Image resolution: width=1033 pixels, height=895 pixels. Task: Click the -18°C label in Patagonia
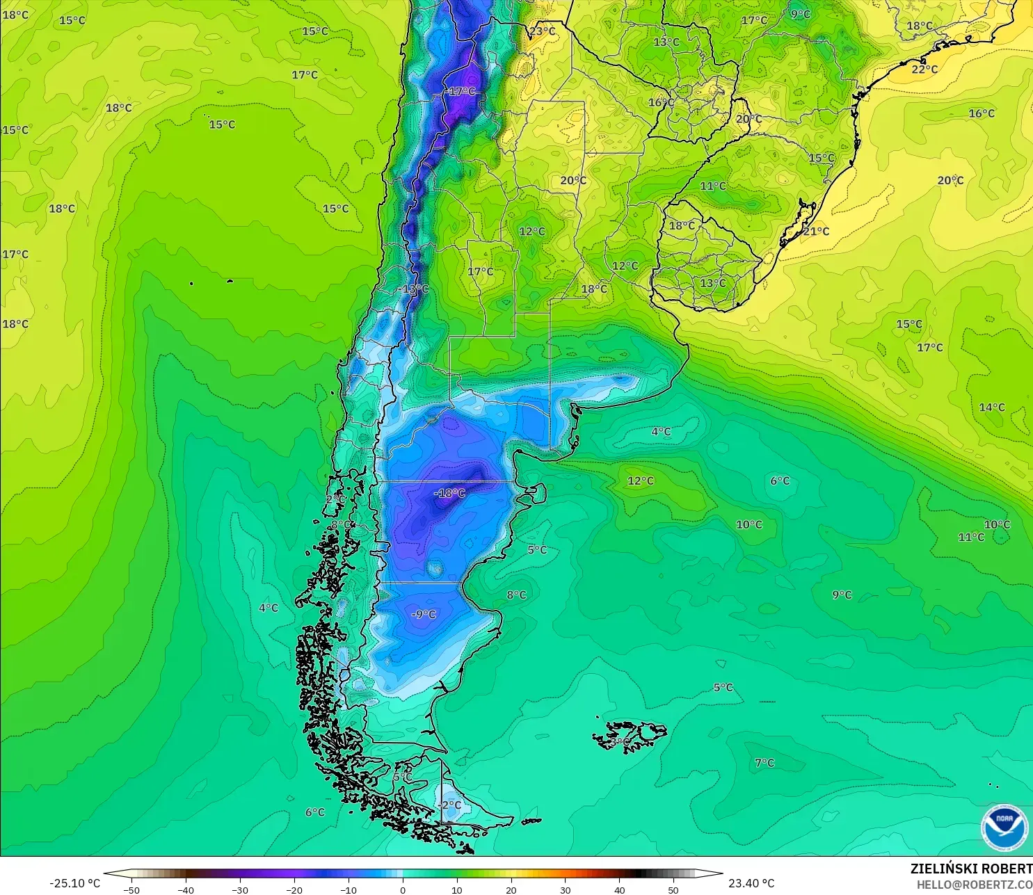(x=449, y=493)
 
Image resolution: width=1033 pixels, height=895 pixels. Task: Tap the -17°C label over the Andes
(x=461, y=92)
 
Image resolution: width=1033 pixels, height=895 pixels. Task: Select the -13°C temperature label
(x=415, y=289)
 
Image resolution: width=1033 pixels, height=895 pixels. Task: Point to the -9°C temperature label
(x=423, y=614)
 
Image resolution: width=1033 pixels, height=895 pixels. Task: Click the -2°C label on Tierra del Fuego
(x=449, y=805)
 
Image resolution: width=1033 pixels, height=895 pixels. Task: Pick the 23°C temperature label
(x=543, y=31)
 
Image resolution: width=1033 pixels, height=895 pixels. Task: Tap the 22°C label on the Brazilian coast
(x=924, y=69)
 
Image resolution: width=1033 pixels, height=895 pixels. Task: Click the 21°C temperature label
(x=816, y=231)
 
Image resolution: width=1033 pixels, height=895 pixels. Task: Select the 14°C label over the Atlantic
(x=991, y=407)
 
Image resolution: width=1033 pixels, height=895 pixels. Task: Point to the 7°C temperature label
(x=764, y=763)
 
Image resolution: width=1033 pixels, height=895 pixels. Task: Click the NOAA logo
(x=1004, y=828)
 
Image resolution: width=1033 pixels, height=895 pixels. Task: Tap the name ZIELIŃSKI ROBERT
(x=971, y=869)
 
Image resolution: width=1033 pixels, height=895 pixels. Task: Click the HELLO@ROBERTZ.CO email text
(x=974, y=885)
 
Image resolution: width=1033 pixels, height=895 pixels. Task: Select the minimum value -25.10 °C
(x=74, y=883)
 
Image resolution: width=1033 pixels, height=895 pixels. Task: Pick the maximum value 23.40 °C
(x=751, y=883)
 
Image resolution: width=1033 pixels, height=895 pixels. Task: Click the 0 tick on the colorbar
(x=403, y=889)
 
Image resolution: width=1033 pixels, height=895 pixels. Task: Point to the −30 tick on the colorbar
(x=239, y=889)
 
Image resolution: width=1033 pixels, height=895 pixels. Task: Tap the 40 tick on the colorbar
(x=619, y=889)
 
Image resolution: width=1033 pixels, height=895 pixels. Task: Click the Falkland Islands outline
(x=630, y=734)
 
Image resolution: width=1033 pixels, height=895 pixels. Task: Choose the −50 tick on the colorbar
(x=131, y=889)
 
